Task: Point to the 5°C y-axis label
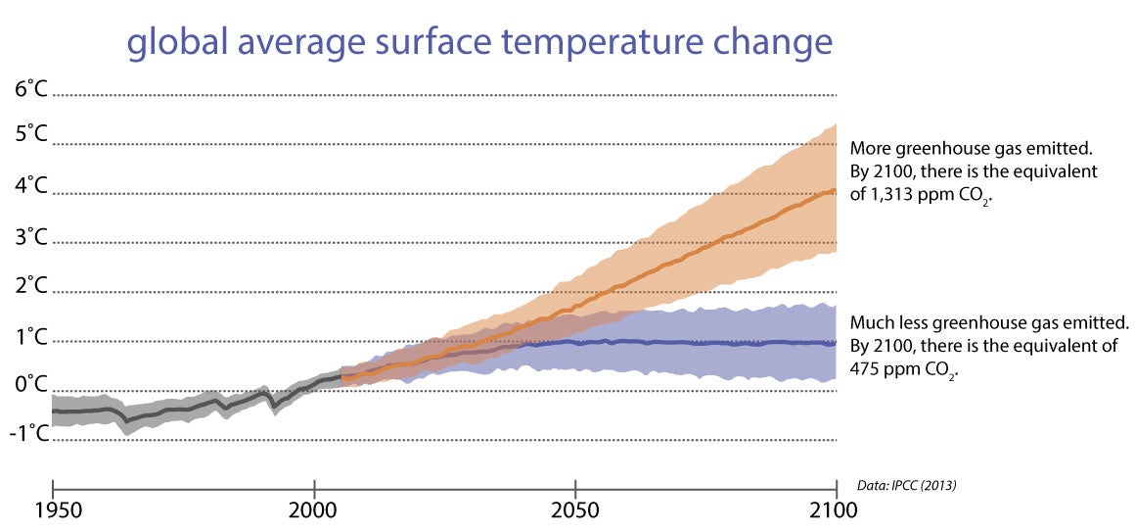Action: (29, 134)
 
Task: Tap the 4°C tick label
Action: (29, 185)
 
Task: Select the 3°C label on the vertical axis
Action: (29, 236)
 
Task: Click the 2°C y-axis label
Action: (29, 286)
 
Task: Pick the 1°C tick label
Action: (29, 337)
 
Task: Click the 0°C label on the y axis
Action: (29, 384)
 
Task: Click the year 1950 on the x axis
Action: (52, 511)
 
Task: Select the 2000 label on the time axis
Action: (314, 511)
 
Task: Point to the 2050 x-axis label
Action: (575, 511)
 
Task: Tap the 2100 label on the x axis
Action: (834, 511)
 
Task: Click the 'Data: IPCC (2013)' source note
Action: (905, 485)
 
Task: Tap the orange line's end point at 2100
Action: (835, 190)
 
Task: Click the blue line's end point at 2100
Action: (835, 342)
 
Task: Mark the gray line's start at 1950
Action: (53, 411)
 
